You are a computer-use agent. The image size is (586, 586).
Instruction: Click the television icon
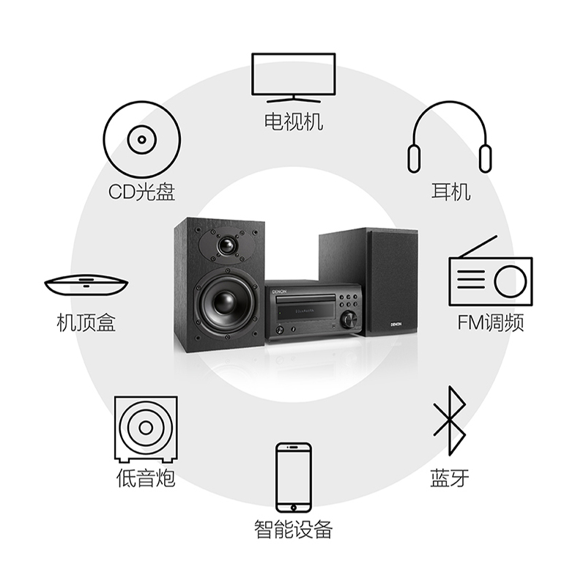click(x=293, y=76)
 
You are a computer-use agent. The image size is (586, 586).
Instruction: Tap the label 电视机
click(x=293, y=121)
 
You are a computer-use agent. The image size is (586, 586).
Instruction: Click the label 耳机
click(x=450, y=192)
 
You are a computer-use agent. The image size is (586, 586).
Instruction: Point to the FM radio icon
click(x=490, y=274)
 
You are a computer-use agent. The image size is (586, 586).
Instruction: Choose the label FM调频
click(x=490, y=322)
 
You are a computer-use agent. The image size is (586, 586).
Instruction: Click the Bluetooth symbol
click(x=449, y=420)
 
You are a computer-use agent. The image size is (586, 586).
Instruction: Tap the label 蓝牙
click(x=449, y=479)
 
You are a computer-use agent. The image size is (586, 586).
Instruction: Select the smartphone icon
click(x=293, y=477)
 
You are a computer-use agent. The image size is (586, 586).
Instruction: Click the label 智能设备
click(x=293, y=529)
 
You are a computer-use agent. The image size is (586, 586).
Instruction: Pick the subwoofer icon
click(x=146, y=428)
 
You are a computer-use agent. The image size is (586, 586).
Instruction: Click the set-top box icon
click(x=86, y=284)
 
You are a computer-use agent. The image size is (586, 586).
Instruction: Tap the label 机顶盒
click(x=86, y=322)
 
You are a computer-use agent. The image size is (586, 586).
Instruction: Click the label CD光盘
click(x=141, y=192)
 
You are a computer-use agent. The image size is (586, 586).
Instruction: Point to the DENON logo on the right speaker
click(x=398, y=322)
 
